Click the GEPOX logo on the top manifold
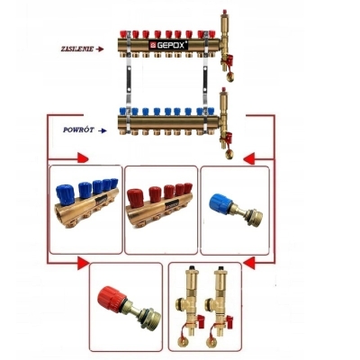[169, 45]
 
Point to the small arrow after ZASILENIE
[99, 49]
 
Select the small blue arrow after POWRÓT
[103, 130]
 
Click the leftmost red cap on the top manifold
[122, 33]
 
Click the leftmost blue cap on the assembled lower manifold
[122, 112]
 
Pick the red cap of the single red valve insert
[110, 298]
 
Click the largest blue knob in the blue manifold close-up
[65, 194]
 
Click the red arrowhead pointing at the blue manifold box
[83, 157]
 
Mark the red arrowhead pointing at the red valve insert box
[83, 263]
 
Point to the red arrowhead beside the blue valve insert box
[248, 158]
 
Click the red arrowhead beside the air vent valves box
[249, 263]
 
